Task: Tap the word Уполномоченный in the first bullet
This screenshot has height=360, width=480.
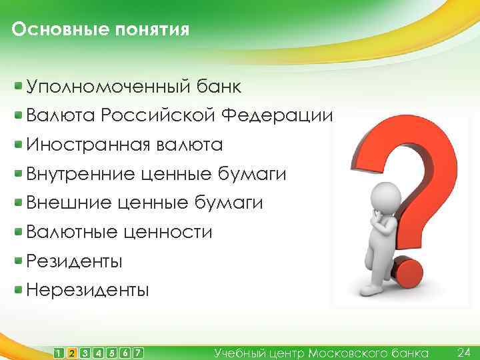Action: coord(106,87)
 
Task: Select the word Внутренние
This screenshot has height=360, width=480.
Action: coord(81,174)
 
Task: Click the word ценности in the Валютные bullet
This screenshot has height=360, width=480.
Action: coord(167,232)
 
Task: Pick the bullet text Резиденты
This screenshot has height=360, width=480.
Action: coord(74,261)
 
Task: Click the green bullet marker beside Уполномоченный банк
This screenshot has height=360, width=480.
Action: coord(19,86)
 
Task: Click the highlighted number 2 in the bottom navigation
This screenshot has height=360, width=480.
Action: coord(73,352)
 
